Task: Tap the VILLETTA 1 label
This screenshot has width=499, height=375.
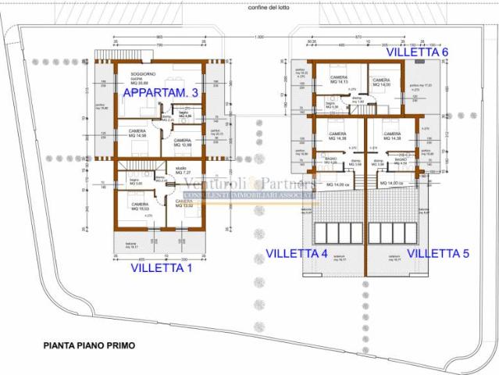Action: coord(161,267)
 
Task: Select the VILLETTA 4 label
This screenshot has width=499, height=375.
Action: coord(297,253)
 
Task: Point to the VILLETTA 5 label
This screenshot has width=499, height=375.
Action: coord(438,253)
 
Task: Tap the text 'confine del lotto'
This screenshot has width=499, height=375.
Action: coord(270,8)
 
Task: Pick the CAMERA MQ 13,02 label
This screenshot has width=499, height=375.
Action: coord(184,203)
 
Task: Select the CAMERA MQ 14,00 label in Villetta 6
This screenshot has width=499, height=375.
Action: coord(381,81)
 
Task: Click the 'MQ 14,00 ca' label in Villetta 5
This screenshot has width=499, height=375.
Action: coord(390,183)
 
